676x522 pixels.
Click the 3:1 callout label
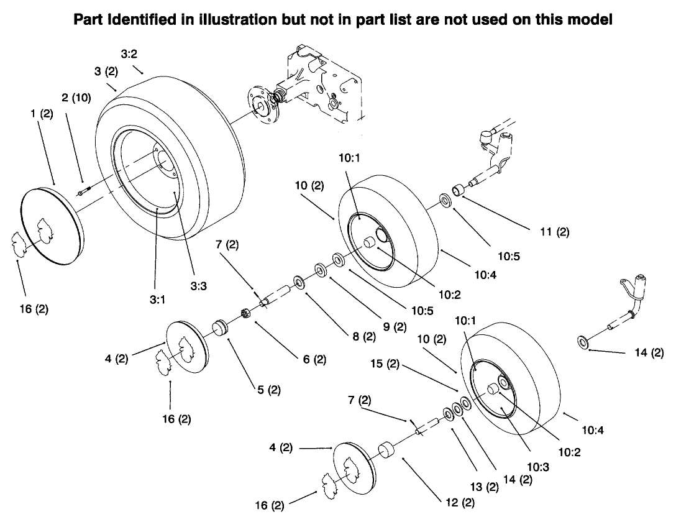tap(157, 298)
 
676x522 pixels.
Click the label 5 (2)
tap(268, 390)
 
